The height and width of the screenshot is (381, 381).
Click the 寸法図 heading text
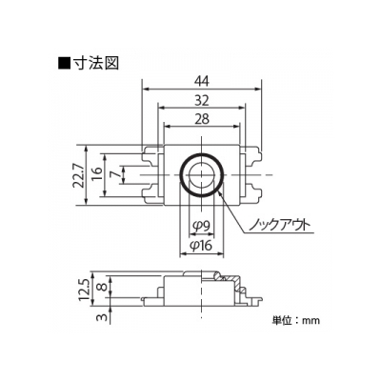(x=96, y=63)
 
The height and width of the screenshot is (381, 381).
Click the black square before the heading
(x=64, y=64)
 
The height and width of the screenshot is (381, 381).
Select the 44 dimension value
(x=202, y=82)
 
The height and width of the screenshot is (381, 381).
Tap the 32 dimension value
(x=202, y=101)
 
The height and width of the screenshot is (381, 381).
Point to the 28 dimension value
(x=202, y=119)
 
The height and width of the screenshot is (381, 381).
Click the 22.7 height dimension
(x=79, y=175)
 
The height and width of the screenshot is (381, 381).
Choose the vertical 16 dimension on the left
(x=98, y=175)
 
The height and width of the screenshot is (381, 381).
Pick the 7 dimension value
(x=117, y=174)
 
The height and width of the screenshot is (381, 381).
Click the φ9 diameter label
(x=201, y=226)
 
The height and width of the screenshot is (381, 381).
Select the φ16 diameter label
(x=202, y=245)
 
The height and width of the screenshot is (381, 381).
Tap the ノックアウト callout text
(x=278, y=225)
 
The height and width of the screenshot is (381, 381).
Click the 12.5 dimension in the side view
(x=85, y=290)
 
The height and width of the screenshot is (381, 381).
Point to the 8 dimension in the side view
(x=102, y=287)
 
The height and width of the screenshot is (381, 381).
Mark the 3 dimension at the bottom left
(x=102, y=316)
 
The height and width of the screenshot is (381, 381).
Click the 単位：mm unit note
(x=296, y=320)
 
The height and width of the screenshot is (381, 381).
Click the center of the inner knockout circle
(x=201, y=175)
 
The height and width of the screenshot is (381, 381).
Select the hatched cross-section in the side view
(x=230, y=281)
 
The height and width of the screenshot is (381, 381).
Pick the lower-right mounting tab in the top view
(x=251, y=192)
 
